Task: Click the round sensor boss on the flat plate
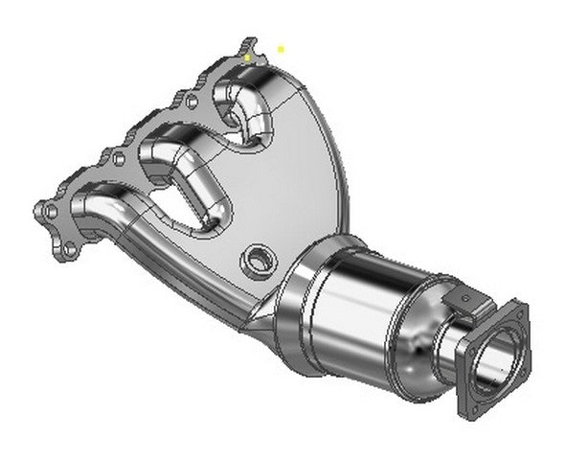[258, 259]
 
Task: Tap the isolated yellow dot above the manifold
[281, 48]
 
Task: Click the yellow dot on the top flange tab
[247, 57]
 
